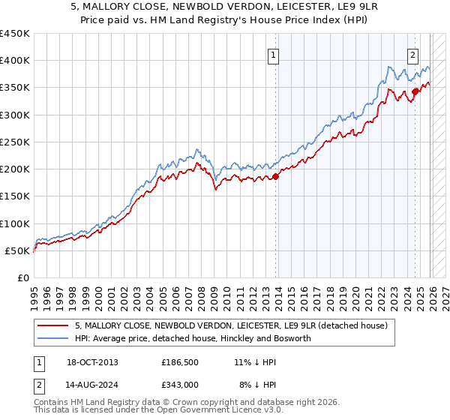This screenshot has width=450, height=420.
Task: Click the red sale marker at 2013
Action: [275, 176]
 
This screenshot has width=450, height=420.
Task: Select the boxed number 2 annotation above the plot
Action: [412, 54]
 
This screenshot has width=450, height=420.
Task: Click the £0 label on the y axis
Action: [22, 277]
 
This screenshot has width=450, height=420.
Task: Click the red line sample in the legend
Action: [53, 325]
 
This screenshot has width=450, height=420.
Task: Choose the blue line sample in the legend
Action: [53, 338]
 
